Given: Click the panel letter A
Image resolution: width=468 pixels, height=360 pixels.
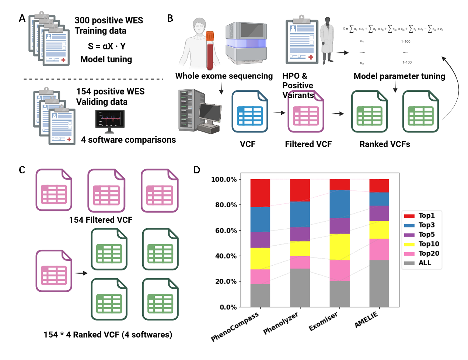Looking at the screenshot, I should (22, 18).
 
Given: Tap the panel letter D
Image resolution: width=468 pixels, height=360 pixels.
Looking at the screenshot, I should (197, 170).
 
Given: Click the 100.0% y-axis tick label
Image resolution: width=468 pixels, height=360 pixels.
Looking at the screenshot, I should (224, 179).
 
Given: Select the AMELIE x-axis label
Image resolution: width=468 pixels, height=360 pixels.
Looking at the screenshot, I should (366, 320).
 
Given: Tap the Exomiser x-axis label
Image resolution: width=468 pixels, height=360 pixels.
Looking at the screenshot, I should (323, 322).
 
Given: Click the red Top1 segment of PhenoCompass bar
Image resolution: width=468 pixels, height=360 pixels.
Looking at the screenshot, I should (260, 193).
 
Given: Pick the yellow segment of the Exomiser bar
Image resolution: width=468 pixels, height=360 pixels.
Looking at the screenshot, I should (340, 247).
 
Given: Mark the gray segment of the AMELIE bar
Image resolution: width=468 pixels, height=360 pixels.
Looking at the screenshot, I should (379, 283).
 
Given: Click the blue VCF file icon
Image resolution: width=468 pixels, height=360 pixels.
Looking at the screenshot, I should (250, 112).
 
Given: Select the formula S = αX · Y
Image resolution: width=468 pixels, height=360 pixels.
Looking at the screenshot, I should (106, 46).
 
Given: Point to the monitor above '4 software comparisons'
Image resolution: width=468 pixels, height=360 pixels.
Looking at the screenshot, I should (109, 120).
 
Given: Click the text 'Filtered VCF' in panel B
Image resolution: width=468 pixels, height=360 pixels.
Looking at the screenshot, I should (308, 144).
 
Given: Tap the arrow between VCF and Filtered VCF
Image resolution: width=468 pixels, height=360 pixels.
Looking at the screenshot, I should (279, 113).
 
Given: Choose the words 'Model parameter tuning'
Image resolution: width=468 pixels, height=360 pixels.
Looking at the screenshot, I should (399, 76).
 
